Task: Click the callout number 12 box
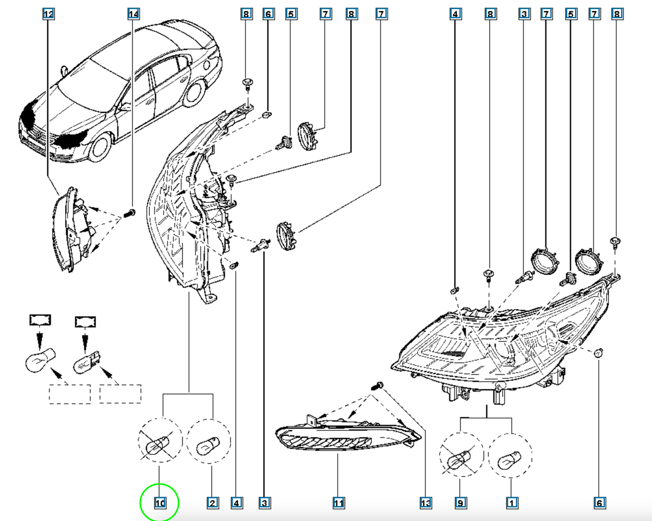point(48,14)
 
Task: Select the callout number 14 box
point(134,14)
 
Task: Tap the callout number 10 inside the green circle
point(160,503)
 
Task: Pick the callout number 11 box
point(338,503)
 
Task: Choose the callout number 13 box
point(425,503)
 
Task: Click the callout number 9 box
point(461,503)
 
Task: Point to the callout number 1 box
point(512,503)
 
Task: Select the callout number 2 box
point(213,503)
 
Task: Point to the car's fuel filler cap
point(207,65)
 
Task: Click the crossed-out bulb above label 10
point(158,445)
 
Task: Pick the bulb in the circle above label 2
point(208,445)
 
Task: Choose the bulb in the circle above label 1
point(509,460)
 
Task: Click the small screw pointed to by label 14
point(129,213)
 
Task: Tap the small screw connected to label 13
point(377,386)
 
